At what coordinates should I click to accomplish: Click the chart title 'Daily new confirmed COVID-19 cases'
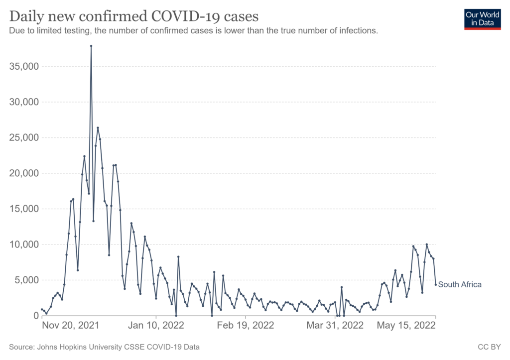coord(134,16)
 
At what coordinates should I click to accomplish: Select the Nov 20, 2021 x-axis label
coord(70,326)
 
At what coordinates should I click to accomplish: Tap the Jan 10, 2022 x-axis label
coord(156,326)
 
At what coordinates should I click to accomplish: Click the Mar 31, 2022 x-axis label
coord(335,326)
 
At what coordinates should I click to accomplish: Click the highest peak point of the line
coord(91,46)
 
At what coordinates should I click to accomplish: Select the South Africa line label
coord(460,285)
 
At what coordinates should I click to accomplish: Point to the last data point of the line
coord(436,285)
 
